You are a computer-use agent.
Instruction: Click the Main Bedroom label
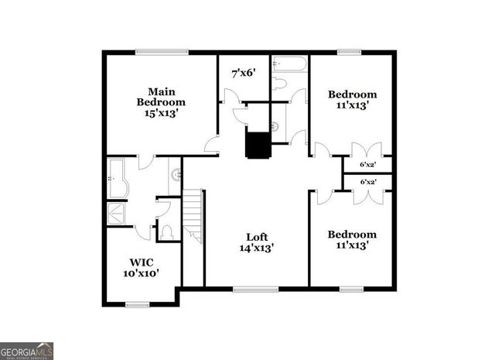click(x=161, y=95)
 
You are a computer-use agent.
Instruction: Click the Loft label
click(x=258, y=237)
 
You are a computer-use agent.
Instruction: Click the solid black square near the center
click(x=256, y=144)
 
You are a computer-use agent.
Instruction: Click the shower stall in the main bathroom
click(x=118, y=212)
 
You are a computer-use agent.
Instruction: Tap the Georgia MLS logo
click(x=27, y=351)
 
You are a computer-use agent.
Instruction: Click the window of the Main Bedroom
click(x=162, y=53)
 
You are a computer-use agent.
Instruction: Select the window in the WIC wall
click(x=142, y=304)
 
